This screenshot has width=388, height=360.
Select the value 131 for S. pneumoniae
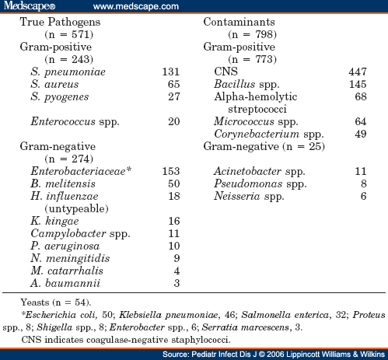tap(170, 72)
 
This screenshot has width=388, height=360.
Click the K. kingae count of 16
tap(173, 221)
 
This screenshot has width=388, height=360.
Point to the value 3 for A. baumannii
tap(177, 283)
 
